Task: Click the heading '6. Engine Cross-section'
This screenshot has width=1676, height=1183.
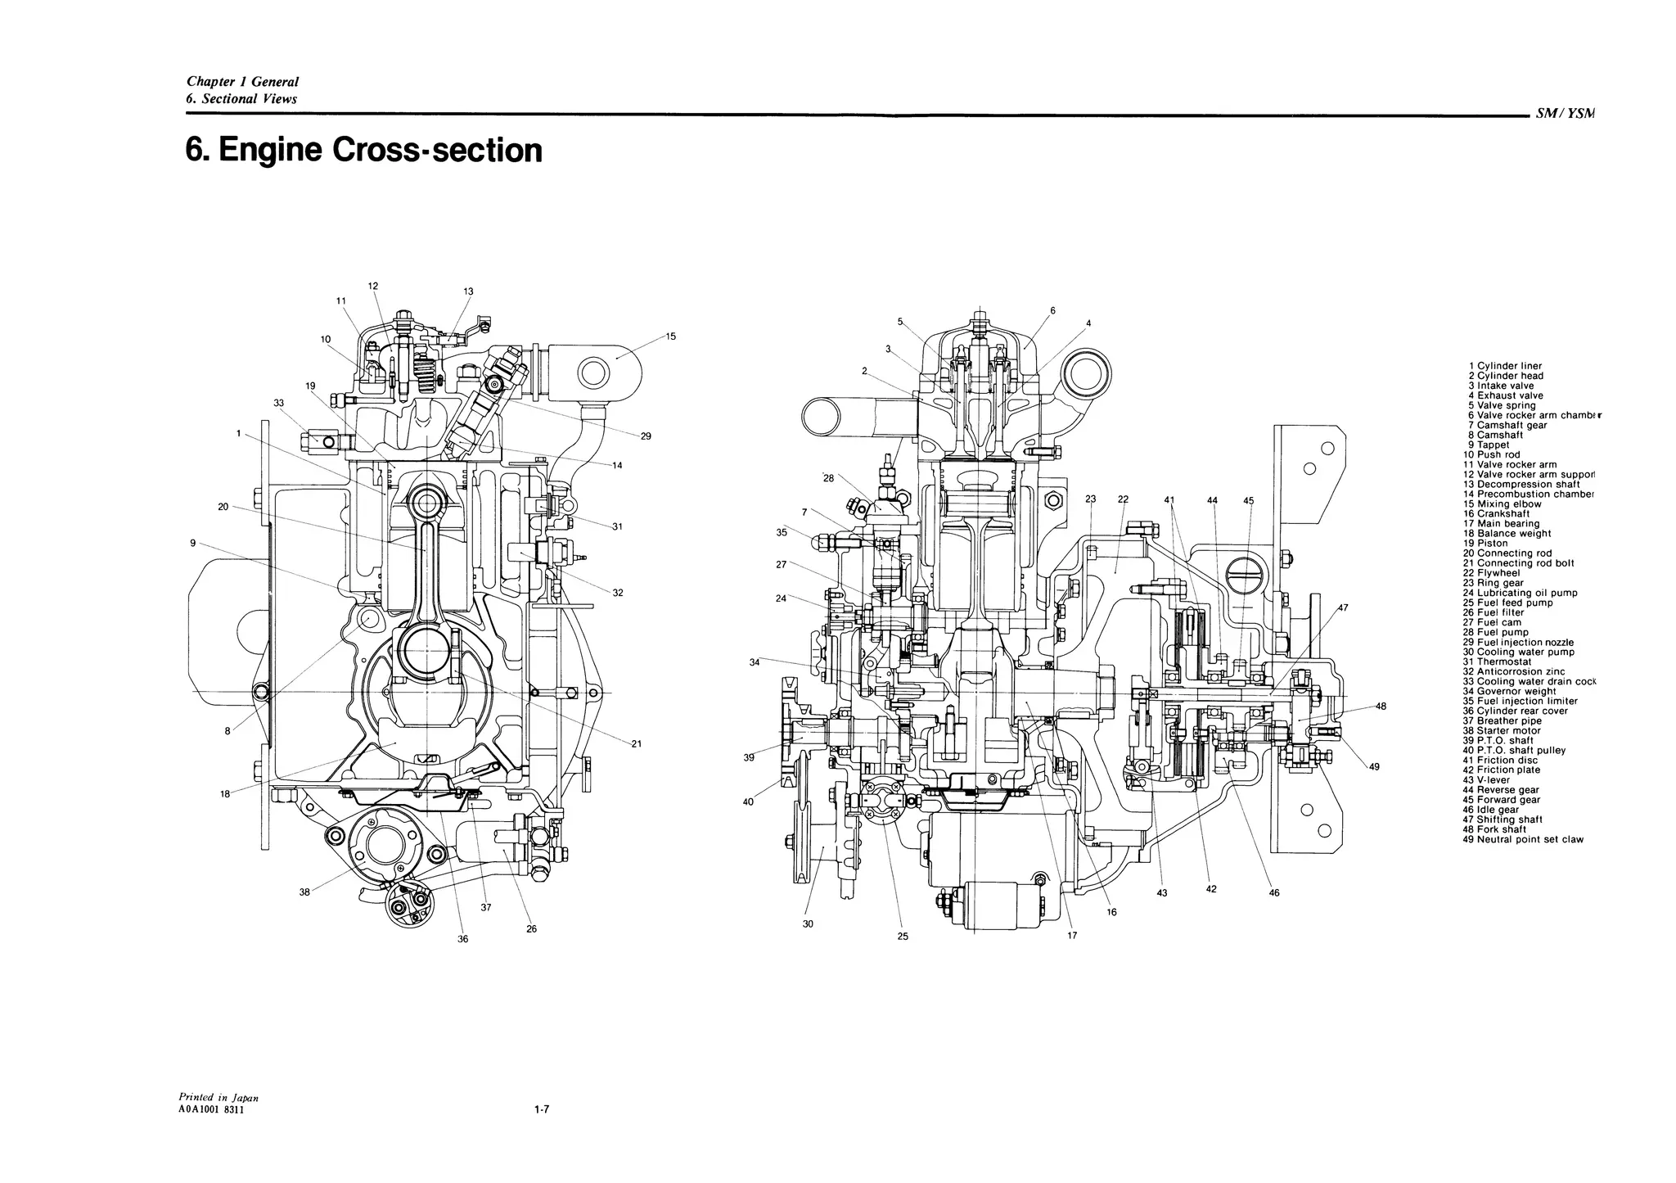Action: tap(364, 151)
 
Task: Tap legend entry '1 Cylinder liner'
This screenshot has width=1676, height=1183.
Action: tap(1505, 366)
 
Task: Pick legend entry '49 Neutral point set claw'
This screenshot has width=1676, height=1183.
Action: tap(1522, 839)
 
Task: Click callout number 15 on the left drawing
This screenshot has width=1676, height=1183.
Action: tap(670, 336)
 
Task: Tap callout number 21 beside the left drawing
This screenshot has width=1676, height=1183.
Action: tap(637, 743)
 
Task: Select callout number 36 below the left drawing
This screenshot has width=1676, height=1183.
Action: tap(462, 939)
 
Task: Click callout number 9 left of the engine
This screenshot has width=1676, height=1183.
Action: tap(192, 542)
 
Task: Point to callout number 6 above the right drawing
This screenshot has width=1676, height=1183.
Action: tap(1052, 310)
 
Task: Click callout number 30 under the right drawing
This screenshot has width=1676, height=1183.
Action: tap(808, 924)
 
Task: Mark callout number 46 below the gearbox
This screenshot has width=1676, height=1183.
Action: tap(1274, 893)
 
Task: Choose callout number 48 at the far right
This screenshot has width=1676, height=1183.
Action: tap(1381, 706)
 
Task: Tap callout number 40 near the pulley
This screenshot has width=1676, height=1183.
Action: tap(748, 801)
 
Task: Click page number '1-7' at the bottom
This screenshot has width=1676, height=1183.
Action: tap(540, 1110)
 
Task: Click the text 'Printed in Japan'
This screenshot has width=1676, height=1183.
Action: tap(219, 1097)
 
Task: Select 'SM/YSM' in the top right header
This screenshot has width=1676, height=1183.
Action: tap(1566, 115)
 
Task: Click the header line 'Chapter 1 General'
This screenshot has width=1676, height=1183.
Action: tap(242, 82)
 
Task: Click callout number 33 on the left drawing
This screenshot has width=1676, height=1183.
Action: tap(279, 403)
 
